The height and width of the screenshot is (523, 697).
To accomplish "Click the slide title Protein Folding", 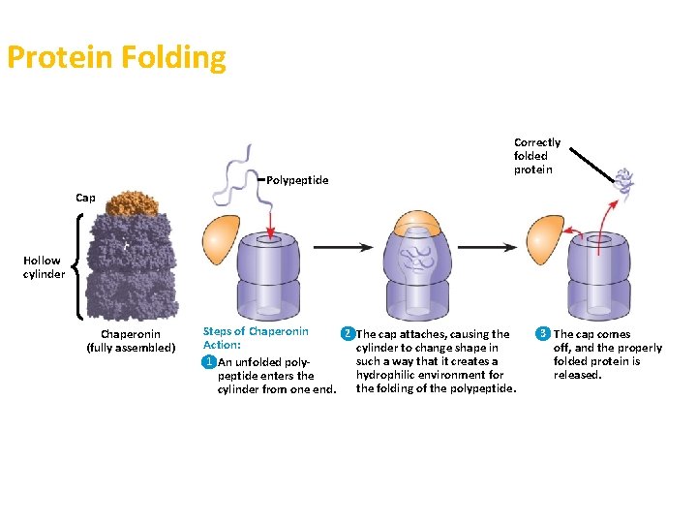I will click(x=116, y=58).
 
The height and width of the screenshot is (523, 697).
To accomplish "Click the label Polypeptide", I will click(x=297, y=180).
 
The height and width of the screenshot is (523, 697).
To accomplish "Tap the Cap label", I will click(x=86, y=198).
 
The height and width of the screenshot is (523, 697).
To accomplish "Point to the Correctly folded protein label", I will click(x=536, y=156).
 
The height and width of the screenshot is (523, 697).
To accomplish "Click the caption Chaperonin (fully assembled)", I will click(x=131, y=341).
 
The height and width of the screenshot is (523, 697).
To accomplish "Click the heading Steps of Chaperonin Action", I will click(x=256, y=337).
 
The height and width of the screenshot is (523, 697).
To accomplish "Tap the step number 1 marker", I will click(x=208, y=362).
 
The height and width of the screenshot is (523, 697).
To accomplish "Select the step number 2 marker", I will click(x=346, y=334).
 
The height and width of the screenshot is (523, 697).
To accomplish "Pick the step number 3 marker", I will click(x=543, y=334).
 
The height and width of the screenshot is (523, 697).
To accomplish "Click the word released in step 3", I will click(x=578, y=375).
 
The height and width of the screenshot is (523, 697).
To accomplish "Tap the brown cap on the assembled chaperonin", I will click(x=132, y=202).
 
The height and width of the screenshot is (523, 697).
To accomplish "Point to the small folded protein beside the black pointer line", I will click(x=624, y=181).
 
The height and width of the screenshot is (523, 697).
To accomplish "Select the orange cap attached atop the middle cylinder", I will click(x=419, y=222).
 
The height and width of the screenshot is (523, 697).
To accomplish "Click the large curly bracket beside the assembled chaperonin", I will click(x=77, y=266).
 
